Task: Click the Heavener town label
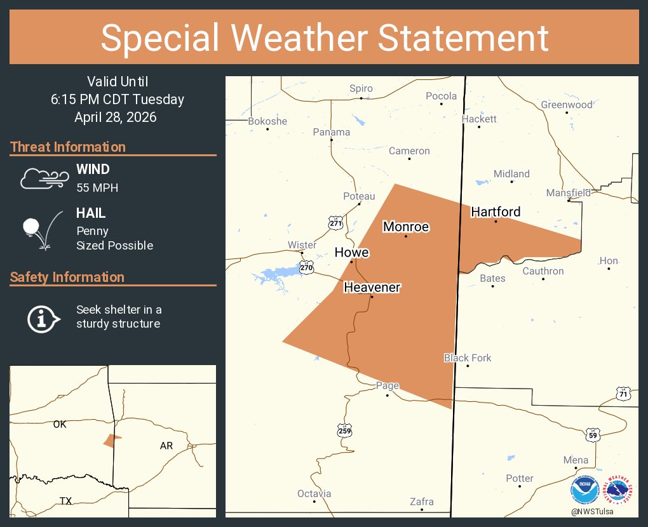372,288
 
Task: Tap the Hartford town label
496,212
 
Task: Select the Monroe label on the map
405,227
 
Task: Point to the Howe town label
351,253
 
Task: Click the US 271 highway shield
335,222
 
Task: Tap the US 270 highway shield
307,269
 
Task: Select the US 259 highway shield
344,430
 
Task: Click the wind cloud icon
43,178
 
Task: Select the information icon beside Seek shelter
42,317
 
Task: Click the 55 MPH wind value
97,187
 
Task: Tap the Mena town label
576,460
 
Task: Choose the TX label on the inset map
65,501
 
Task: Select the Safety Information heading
67,277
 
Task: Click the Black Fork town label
468,358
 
